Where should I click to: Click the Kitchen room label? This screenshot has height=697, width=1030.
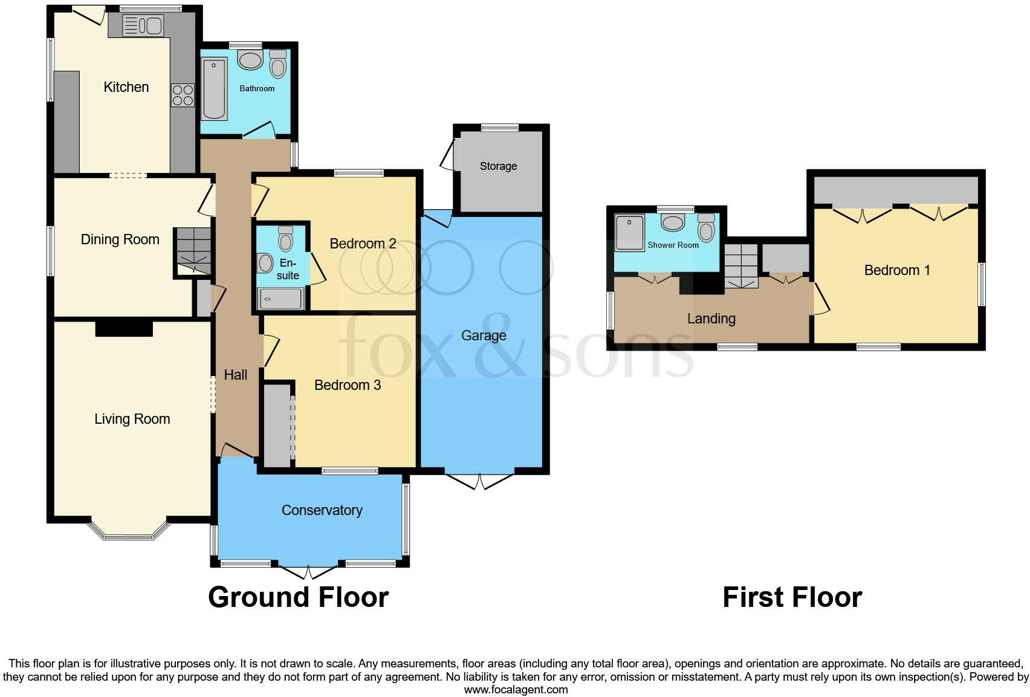[x=126, y=87]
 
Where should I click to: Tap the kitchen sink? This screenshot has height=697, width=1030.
[x=143, y=26]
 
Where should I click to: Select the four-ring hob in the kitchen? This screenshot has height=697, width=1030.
[x=183, y=96]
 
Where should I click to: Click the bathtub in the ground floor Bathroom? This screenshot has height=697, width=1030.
[x=214, y=89]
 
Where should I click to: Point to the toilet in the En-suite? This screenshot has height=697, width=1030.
[x=285, y=239]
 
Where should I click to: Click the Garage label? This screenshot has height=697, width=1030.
[x=484, y=336]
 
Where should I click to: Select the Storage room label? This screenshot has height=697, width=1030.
[x=498, y=166]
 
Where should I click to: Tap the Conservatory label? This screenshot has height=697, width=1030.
[x=322, y=510]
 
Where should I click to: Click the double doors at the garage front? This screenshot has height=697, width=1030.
[x=480, y=481]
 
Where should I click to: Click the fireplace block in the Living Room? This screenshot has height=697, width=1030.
[x=124, y=328]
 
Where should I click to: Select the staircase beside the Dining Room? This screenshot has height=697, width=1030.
[x=193, y=251]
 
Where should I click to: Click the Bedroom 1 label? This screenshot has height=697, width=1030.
[x=896, y=270]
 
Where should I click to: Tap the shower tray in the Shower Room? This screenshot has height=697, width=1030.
[x=629, y=232]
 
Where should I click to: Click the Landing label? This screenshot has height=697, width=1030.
[x=711, y=319]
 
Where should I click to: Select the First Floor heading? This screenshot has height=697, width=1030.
[x=792, y=597]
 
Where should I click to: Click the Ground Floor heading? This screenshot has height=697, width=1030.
[x=298, y=597]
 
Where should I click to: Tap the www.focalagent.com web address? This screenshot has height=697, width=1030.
[x=516, y=690]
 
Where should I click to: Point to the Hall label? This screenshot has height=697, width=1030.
[x=235, y=375]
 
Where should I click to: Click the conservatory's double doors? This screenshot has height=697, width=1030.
[x=308, y=572]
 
